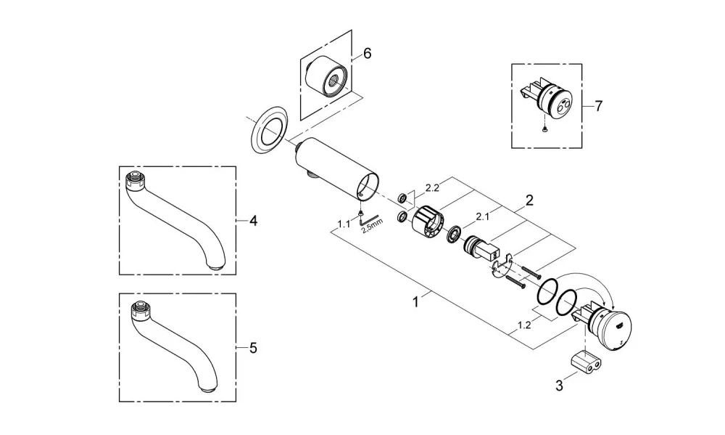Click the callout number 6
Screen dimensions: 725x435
click(367, 54)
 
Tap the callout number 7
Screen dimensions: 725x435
click(599, 107)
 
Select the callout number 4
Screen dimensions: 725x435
click(253, 221)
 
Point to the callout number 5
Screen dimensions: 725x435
click(253, 348)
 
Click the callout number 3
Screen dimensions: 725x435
click(560, 386)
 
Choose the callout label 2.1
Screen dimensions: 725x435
click(482, 216)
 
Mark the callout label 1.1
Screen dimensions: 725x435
click(344, 224)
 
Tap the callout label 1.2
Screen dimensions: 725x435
click(524, 325)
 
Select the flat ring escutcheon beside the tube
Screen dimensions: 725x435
click(270, 131)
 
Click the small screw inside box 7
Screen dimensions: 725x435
click(546, 129)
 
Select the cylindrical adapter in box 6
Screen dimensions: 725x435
click(326, 76)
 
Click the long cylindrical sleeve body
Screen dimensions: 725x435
click(338, 169)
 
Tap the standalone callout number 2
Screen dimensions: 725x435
click(529, 200)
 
